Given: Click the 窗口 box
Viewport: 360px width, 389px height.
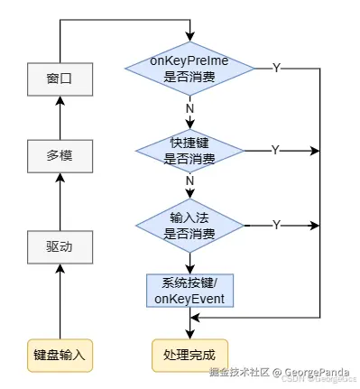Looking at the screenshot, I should (x=59, y=79).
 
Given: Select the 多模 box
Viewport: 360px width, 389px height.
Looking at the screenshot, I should (x=59, y=155).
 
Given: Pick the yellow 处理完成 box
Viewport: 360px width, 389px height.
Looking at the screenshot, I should (x=189, y=352).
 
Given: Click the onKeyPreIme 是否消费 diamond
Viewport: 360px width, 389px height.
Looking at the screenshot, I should (x=189, y=69).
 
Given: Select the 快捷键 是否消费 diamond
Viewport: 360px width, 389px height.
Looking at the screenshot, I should (x=189, y=151).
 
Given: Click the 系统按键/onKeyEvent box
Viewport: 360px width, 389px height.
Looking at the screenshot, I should (x=189, y=291).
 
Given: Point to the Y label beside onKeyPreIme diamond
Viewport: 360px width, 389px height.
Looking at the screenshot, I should (x=275, y=68).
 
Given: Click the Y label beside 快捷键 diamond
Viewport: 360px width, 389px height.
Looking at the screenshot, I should (x=275, y=149).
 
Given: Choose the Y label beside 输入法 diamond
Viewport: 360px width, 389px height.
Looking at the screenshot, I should (x=275, y=224).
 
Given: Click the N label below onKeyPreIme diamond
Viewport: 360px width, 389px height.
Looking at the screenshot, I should (x=189, y=107).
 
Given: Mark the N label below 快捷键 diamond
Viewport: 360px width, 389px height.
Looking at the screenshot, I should (x=189, y=181).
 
